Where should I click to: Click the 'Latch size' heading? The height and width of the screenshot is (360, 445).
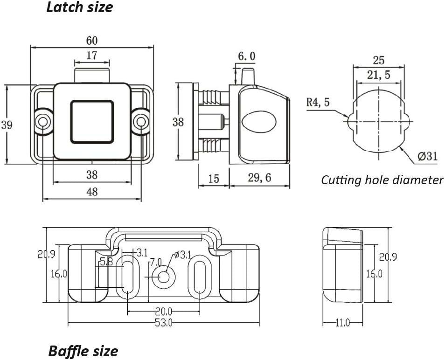coord(79,7)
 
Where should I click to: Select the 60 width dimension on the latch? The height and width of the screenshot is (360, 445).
coord(91,40)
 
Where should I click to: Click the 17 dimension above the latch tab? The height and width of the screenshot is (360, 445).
coord(92,55)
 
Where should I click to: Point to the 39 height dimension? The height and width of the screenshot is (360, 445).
coord(6,125)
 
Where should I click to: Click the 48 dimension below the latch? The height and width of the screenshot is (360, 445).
coord(92,191)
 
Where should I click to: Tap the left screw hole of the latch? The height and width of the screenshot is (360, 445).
coord(43,122)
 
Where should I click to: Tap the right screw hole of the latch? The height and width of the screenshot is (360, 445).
coord(140,122)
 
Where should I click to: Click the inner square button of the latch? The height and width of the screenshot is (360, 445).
coord(91,121)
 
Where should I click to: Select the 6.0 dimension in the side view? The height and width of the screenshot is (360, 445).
coord(247,56)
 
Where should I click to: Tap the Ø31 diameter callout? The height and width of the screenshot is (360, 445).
coord(427,156)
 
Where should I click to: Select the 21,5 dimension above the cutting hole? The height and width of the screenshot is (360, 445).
coord(378,75)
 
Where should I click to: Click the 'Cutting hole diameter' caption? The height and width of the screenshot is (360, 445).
coord(382,180)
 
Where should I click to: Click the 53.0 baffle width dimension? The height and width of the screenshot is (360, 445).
coord(163,322)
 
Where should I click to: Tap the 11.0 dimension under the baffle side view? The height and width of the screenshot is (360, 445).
coord(342,322)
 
